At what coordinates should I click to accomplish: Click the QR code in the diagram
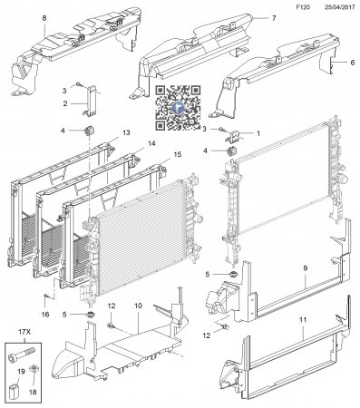pyautogui.click(x=178, y=108)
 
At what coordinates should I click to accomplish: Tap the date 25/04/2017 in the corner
pyautogui.click(x=340, y=7)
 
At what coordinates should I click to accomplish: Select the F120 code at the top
pyautogui.click(x=303, y=7)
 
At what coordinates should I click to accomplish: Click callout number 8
pyautogui.click(x=44, y=18)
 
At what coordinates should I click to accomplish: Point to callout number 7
pyautogui.click(x=274, y=18)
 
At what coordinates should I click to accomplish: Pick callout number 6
pyautogui.click(x=353, y=63)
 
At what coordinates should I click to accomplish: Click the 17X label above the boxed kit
pyautogui.click(x=24, y=332)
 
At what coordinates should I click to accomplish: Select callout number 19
pyautogui.click(x=21, y=372)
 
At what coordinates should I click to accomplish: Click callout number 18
pyautogui.click(x=33, y=392)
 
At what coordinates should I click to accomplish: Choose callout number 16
pyautogui.click(x=45, y=315)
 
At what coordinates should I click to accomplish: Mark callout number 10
pyautogui.click(x=138, y=306)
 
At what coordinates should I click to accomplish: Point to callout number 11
pyautogui.click(x=303, y=319)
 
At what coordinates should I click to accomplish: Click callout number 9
pyautogui.click(x=306, y=268)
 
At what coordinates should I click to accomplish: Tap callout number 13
pyautogui.click(x=126, y=132)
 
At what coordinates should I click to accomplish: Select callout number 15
pyautogui.click(x=178, y=154)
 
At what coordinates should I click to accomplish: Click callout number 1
pyautogui.click(x=258, y=133)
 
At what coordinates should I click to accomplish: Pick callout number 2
pyautogui.click(x=65, y=103)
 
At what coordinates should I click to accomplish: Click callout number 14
pyautogui.click(x=151, y=143)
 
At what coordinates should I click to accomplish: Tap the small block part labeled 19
pyautogui.click(x=14, y=390)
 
